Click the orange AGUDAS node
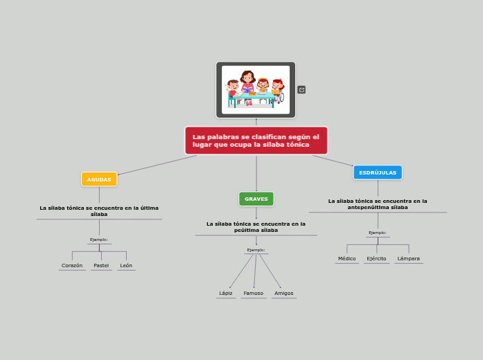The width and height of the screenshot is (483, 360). tap(99, 179)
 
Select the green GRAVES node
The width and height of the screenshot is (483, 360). tap(256, 199)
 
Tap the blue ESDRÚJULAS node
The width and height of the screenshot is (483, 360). tap(378, 172)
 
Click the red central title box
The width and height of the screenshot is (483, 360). tap(256, 141)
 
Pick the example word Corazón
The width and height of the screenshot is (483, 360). tap(72, 265)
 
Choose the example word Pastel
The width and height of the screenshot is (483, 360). tap(101, 265)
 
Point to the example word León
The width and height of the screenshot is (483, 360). tap(126, 265)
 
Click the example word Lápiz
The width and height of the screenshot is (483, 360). tap(226, 293)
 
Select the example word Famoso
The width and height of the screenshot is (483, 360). tap(254, 293)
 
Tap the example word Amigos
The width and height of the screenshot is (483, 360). tap(284, 293)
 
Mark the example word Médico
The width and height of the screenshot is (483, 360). tap(347, 258)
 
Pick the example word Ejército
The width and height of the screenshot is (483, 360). tap(377, 258)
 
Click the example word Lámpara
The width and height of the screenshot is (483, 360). tap(408, 258)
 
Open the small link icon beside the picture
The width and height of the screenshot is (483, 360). tap(301, 89)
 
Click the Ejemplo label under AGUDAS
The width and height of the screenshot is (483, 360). tap(99, 240)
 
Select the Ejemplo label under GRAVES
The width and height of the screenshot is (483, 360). tap(256, 250)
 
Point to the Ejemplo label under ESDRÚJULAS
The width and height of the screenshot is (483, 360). tap(378, 233)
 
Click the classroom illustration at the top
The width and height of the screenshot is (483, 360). tap(256, 89)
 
